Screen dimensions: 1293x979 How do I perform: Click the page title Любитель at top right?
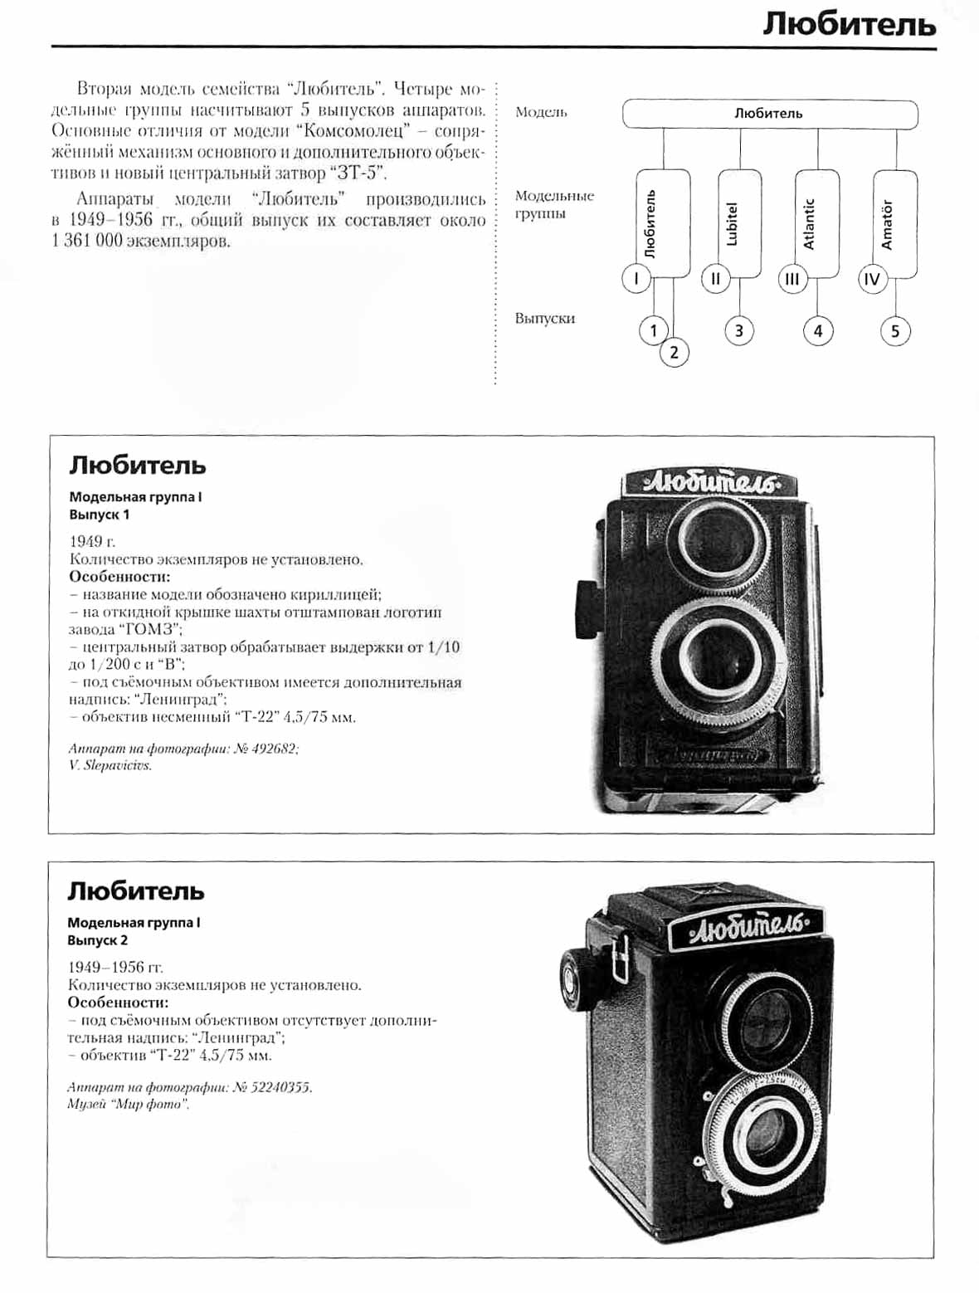pyautogui.click(x=849, y=25)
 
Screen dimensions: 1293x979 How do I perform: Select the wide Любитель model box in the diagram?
pyautogui.click(x=769, y=114)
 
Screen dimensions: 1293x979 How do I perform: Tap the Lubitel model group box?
pyautogui.click(x=738, y=222)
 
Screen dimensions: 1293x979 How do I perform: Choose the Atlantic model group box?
pyautogui.click(x=816, y=222)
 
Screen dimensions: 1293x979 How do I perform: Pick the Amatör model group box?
pyautogui.click(x=894, y=222)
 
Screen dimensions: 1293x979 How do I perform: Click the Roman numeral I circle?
pyautogui.click(x=636, y=279)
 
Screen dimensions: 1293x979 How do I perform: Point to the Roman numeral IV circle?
pyautogui.click(x=871, y=279)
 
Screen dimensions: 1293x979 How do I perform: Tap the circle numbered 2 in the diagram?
pyautogui.click(x=674, y=353)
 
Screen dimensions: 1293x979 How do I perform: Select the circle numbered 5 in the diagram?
pyautogui.click(x=894, y=332)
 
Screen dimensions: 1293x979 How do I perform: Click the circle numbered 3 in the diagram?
pyautogui.click(x=738, y=331)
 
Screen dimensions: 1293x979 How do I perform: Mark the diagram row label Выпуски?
pyautogui.click(x=544, y=319)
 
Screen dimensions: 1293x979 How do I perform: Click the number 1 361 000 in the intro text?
pyautogui.click(x=86, y=242)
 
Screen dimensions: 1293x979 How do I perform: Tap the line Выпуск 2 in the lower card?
pyautogui.click(x=98, y=940)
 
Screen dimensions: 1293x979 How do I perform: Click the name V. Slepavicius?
pyautogui.click(x=110, y=766)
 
